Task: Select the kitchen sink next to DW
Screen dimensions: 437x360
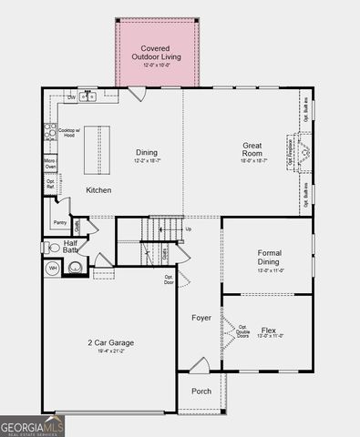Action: pyautogui.click(x=87, y=96)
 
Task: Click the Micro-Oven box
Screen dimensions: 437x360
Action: pyautogui.click(x=51, y=165)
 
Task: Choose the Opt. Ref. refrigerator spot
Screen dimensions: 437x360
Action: pyautogui.click(x=51, y=184)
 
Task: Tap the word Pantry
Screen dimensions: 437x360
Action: pyautogui.click(x=59, y=221)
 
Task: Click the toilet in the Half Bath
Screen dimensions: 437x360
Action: pyautogui.click(x=52, y=247)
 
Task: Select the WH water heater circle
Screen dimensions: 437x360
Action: pyautogui.click(x=53, y=269)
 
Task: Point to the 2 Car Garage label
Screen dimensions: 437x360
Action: pyautogui.click(x=110, y=342)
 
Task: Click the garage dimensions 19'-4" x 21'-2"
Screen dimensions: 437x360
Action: pyautogui.click(x=110, y=352)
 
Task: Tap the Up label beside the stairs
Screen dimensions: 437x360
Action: pyautogui.click(x=189, y=229)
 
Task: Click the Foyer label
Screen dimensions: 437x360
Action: pyautogui.click(x=201, y=318)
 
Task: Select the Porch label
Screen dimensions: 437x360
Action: pyautogui.click(x=201, y=391)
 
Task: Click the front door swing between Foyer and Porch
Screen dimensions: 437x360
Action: pyautogui.click(x=199, y=366)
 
